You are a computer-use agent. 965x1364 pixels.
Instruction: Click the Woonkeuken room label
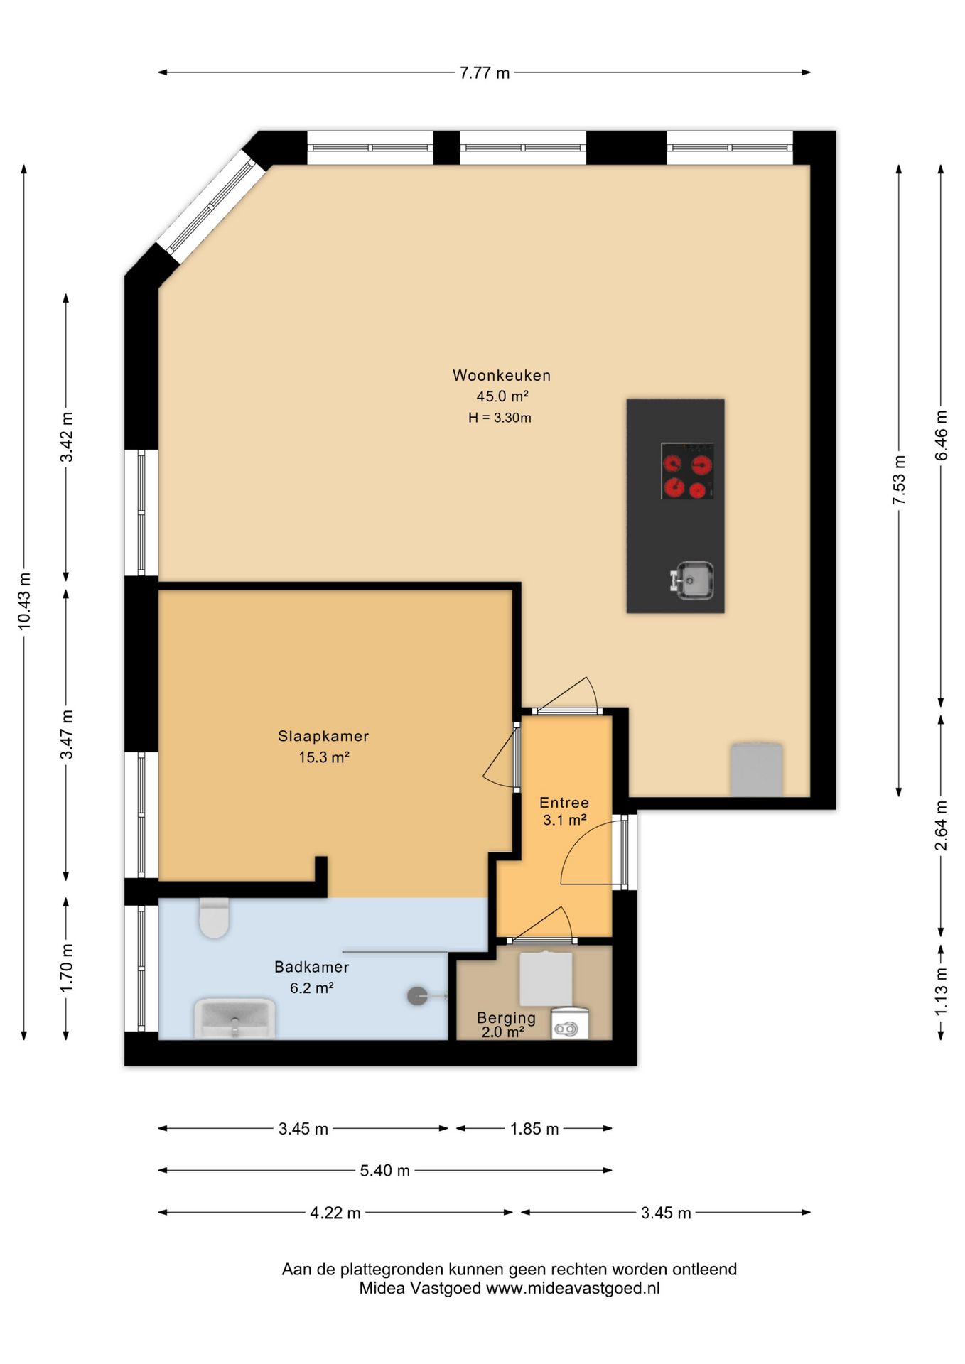coord(502,375)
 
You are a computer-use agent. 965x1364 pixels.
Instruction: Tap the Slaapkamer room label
coord(323,736)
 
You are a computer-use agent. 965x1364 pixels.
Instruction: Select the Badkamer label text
coord(312,967)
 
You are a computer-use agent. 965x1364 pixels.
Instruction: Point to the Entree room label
coord(564,803)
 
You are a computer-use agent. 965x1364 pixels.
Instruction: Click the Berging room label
coord(506,1018)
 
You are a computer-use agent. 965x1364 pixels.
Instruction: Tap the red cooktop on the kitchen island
coord(687,471)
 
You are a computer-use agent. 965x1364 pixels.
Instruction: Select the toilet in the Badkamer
coord(214,918)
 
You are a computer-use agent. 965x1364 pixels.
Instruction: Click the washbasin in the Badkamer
coord(234,1019)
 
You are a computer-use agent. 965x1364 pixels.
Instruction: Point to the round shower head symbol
coord(418,996)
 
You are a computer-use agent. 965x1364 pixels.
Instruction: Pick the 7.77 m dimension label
coord(485,72)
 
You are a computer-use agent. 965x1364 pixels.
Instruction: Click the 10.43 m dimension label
coord(24,601)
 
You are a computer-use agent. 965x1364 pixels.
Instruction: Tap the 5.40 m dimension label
coord(385,1171)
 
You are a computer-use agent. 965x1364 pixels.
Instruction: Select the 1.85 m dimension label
coord(534,1129)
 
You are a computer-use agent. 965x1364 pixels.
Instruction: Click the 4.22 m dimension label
coord(335,1213)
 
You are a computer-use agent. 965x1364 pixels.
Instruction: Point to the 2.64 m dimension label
coord(941,826)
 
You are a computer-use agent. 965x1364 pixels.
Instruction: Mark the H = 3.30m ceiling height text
coord(500,418)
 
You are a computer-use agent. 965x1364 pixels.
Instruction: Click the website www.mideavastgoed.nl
coord(573,1288)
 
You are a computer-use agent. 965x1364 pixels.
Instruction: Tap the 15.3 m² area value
coord(323,757)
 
